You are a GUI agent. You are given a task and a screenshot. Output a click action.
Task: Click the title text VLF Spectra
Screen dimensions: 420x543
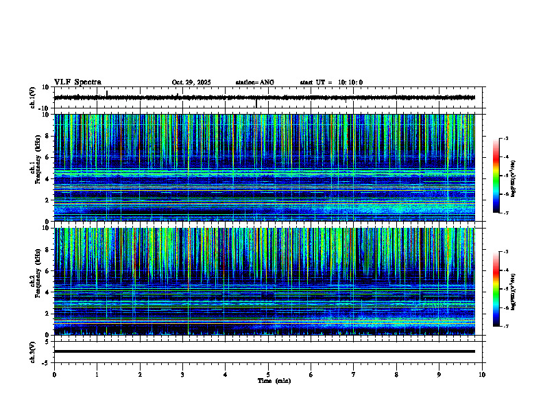tap(77, 82)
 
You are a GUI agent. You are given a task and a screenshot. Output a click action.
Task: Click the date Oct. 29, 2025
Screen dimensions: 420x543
tap(191, 82)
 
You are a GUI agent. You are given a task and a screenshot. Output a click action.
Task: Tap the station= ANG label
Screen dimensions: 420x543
tap(254, 82)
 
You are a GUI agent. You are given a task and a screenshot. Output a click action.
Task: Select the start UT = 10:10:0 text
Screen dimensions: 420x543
tap(331, 82)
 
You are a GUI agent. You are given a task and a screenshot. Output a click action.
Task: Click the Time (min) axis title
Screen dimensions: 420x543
tap(274, 381)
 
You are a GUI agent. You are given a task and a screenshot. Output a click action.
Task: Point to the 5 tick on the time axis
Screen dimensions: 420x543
tap(268, 375)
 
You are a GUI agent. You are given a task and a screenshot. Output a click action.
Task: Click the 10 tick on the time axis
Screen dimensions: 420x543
tap(483, 375)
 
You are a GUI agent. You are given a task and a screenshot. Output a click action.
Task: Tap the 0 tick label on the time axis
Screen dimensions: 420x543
tap(54, 375)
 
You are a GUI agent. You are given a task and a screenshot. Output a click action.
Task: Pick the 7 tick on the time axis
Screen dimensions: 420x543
tap(354, 375)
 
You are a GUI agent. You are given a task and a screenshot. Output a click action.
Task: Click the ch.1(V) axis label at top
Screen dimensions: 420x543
tap(32, 97)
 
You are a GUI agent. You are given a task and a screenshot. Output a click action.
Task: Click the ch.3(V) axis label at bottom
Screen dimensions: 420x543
tap(32, 351)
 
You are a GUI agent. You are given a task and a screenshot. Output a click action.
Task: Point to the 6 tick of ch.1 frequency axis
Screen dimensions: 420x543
tap(47, 157)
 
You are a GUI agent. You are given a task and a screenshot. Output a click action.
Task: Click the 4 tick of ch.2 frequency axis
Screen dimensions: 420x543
tap(47, 292)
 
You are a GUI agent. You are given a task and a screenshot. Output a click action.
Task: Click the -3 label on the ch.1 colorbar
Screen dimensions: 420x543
tap(507, 139)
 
